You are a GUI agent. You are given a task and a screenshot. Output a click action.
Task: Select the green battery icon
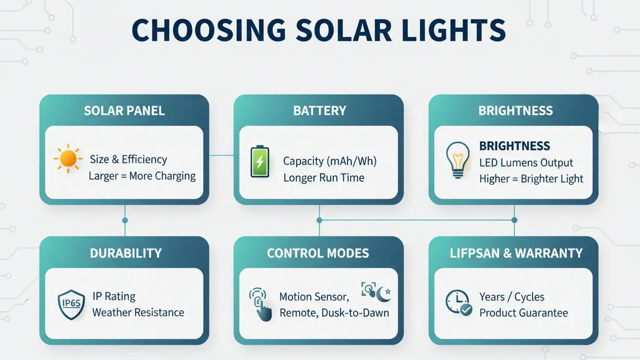[x=259, y=162]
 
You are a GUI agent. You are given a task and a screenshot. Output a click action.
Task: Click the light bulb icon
[x=457, y=160]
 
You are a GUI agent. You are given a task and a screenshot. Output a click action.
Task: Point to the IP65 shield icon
[x=71, y=304]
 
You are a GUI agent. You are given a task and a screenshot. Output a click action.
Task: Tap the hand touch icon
[x=260, y=305]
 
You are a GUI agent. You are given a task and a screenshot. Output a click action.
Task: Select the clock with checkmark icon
[x=457, y=303]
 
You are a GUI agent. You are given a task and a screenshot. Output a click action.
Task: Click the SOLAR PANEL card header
[x=124, y=111]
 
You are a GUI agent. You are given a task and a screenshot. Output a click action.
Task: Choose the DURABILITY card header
[x=126, y=253]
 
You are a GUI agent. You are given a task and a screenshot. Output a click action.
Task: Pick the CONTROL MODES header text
[x=318, y=253]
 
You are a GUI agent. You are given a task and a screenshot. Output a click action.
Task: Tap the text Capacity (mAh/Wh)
[x=330, y=161]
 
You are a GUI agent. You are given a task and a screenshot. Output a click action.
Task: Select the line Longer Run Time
[x=324, y=178]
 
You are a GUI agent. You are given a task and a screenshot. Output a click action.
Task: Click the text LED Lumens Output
[x=526, y=163]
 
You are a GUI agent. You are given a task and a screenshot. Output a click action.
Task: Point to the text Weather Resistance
[x=138, y=312]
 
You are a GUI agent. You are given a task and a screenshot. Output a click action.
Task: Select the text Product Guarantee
[x=524, y=313]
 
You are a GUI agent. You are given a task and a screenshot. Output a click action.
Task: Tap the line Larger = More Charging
[x=142, y=176]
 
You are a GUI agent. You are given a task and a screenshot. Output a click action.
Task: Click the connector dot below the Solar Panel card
[x=125, y=220]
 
